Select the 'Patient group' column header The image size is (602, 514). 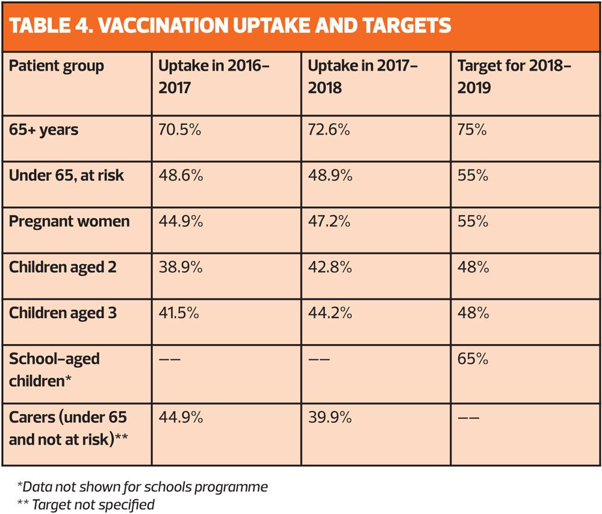[57, 66]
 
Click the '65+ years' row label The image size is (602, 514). [43, 130]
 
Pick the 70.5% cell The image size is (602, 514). [180, 130]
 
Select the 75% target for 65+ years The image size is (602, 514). [472, 130]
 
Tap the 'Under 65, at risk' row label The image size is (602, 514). [66, 175]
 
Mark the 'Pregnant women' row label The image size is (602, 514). [69, 221]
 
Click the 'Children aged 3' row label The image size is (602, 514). [63, 313]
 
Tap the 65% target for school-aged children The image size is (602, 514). [473, 359]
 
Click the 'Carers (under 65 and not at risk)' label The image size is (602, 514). [67, 427]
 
